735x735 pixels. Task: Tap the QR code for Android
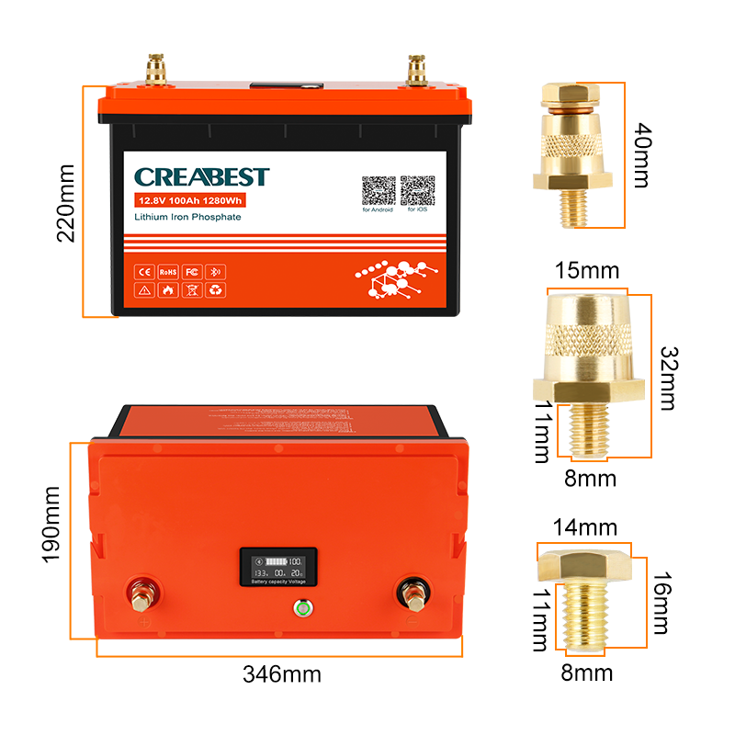point(378,191)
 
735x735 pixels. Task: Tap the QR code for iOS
point(417,191)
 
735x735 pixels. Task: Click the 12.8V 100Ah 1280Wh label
point(188,199)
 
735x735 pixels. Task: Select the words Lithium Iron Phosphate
point(187,217)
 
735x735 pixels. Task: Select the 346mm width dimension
point(281,674)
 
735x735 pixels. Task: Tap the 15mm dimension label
point(584,272)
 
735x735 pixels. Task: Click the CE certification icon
point(144,272)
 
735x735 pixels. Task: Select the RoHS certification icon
point(167,272)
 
